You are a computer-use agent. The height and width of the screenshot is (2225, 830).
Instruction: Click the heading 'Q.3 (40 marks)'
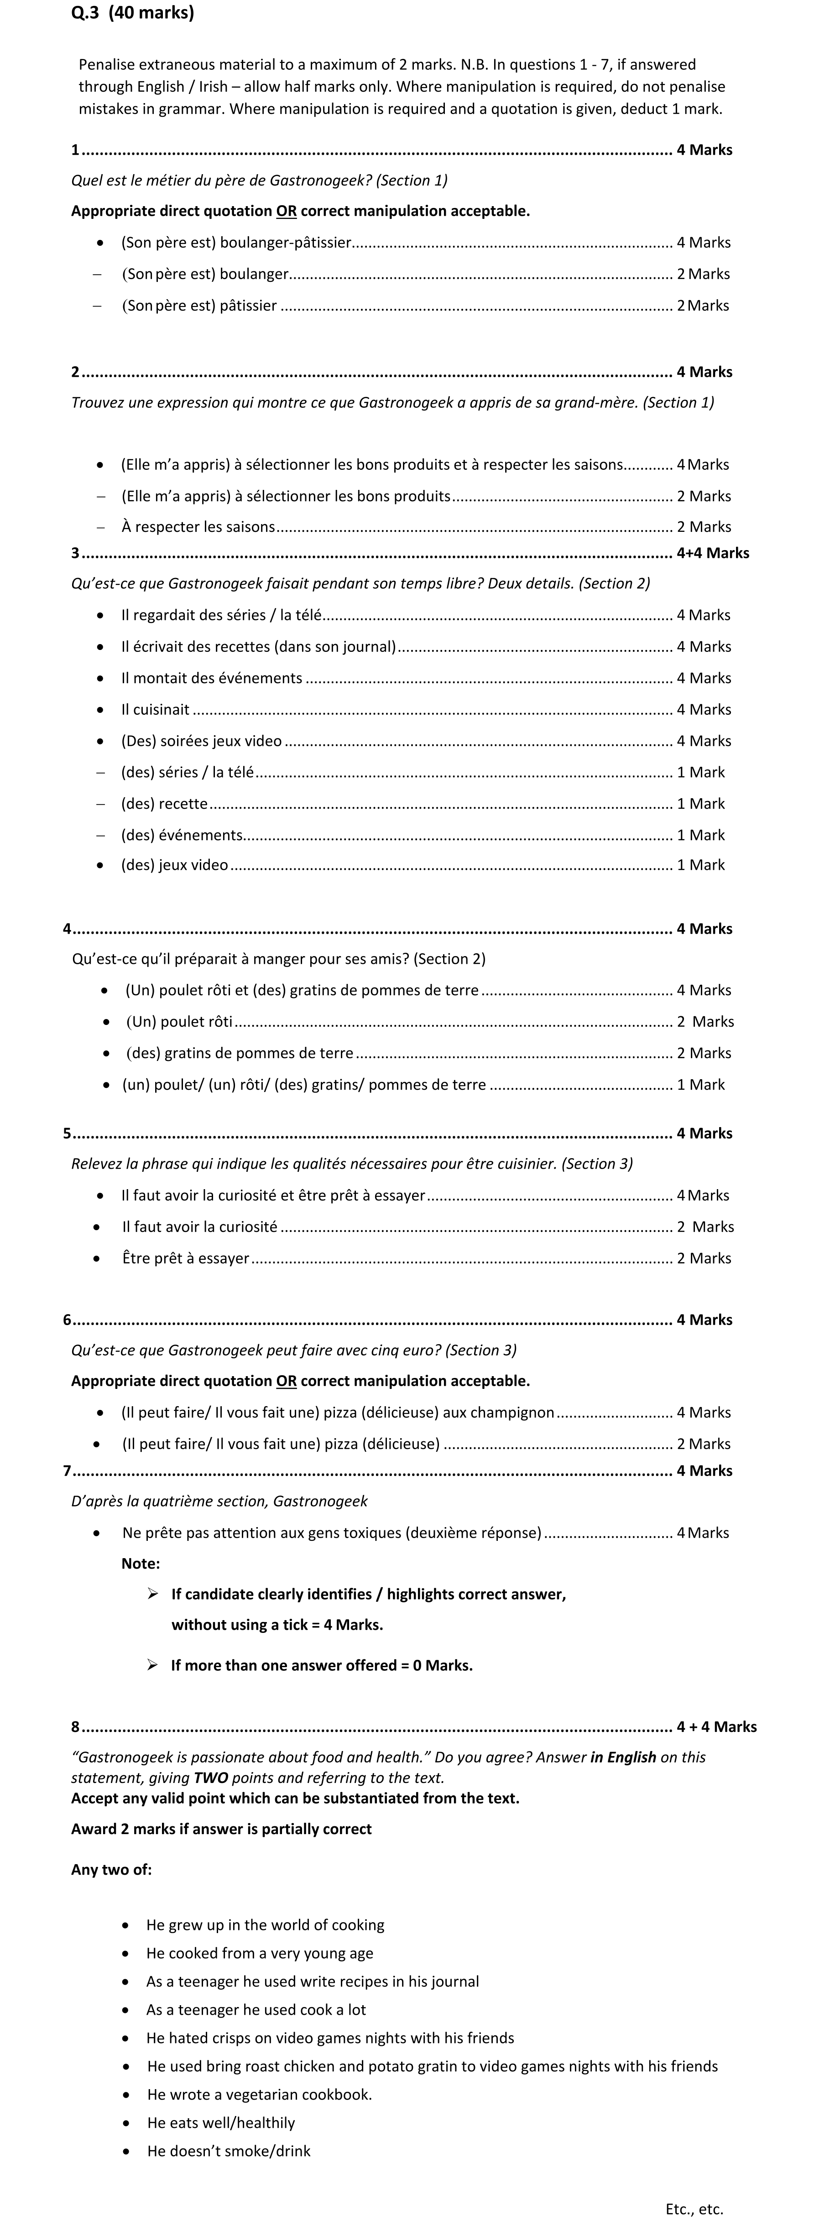pyautogui.click(x=132, y=13)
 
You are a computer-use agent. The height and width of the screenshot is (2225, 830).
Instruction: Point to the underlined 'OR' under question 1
pyautogui.click(x=286, y=211)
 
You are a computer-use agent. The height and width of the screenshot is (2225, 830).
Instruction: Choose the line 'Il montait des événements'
pyautogui.click(x=212, y=678)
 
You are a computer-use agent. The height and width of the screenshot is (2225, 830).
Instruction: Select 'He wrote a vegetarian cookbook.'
pyautogui.click(x=259, y=2094)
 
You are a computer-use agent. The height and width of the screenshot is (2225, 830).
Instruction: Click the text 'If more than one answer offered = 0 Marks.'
pyautogui.click(x=321, y=1665)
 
